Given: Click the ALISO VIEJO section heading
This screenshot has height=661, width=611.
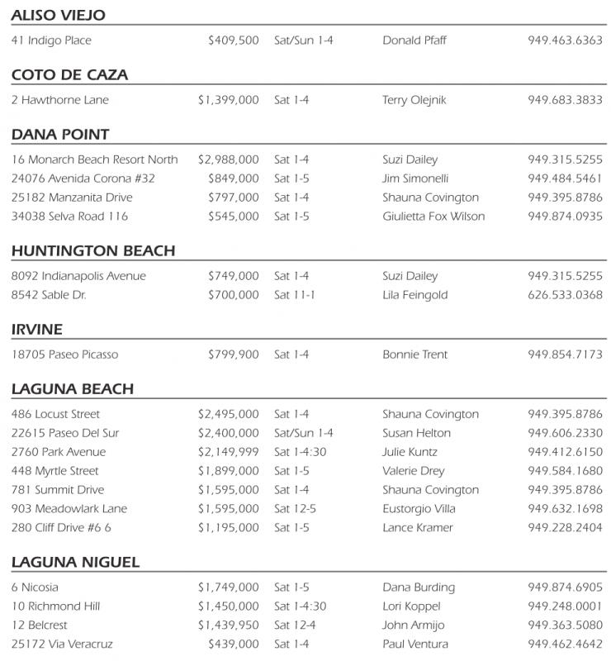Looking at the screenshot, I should click(x=58, y=16).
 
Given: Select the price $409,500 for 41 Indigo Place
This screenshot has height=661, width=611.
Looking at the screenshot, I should click(x=234, y=40).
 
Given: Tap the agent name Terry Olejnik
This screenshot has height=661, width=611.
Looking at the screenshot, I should click(x=414, y=100).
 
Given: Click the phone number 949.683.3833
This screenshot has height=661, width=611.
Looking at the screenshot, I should click(x=565, y=100).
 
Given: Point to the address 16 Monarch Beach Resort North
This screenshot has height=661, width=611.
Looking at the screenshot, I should click(x=95, y=159).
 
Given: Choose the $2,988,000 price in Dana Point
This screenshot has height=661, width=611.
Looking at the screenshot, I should click(x=229, y=159).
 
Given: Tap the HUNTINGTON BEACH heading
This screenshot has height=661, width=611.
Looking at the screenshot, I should click(x=93, y=251).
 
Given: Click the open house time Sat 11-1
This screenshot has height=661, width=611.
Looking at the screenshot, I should click(x=295, y=295).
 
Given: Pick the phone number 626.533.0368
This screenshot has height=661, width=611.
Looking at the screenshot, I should click(x=565, y=295).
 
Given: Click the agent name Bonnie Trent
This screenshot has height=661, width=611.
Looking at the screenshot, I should click(x=415, y=354).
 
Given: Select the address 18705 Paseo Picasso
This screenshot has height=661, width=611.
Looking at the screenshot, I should click(x=65, y=354).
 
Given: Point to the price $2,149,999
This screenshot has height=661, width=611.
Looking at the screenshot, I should click(x=229, y=452).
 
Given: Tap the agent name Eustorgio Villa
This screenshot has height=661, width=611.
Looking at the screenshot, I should click(x=419, y=509).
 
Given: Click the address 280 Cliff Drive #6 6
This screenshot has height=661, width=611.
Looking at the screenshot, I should click(x=61, y=528).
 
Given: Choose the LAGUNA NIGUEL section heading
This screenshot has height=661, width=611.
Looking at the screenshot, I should click(x=75, y=563).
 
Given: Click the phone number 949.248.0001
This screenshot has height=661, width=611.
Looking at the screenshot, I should click(x=565, y=606).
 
